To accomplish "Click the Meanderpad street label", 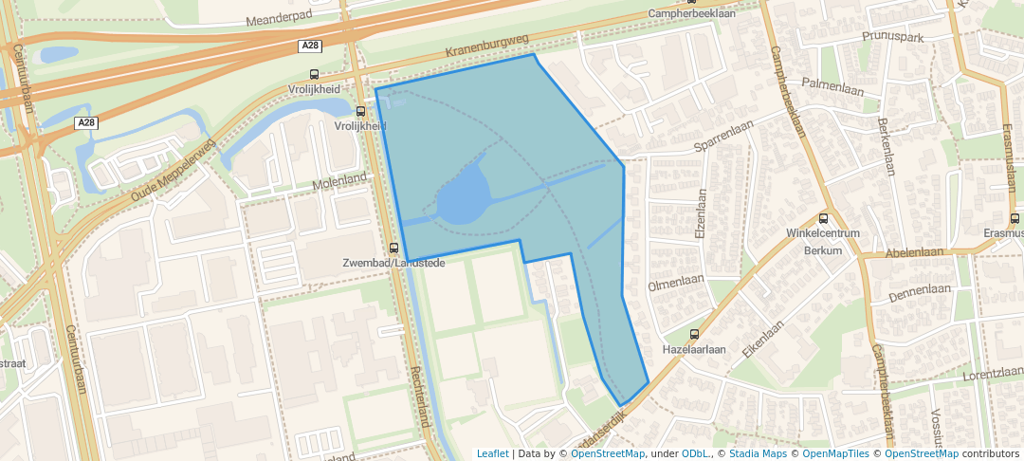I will pyautogui.click(x=279, y=19).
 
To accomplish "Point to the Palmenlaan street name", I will pyautogui.click(x=833, y=84).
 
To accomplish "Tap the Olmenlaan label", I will pyautogui.click(x=675, y=284).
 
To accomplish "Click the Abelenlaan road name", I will pyautogui.click(x=915, y=253).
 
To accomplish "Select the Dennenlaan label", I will pyautogui.click(x=919, y=290).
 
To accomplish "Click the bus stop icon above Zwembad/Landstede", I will pyautogui.click(x=393, y=248).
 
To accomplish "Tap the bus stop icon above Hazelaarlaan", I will pyautogui.click(x=694, y=334).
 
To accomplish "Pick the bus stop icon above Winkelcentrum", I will pyautogui.click(x=822, y=218).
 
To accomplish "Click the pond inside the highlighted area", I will pyautogui.click(x=462, y=198).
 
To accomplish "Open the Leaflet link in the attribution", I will pyautogui.click(x=491, y=453).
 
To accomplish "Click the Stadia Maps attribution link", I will pyautogui.click(x=756, y=453).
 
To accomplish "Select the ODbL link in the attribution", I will pyautogui.click(x=696, y=453).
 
